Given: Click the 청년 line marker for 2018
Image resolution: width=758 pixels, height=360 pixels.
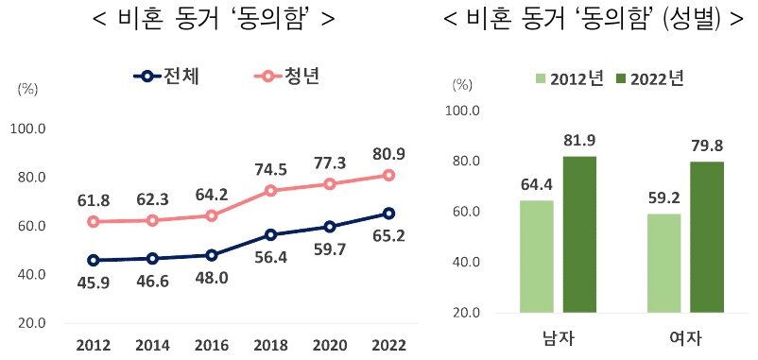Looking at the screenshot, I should (x=270, y=191).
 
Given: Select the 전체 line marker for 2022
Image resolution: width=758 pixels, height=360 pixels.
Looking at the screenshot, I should (x=389, y=214).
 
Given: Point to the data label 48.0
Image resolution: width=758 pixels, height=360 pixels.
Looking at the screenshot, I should (x=211, y=279).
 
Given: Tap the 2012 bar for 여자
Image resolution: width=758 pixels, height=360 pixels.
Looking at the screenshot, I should (x=664, y=263).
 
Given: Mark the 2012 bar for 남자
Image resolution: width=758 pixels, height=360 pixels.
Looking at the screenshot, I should (x=536, y=256).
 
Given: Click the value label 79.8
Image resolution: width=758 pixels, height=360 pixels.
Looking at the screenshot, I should (x=707, y=146).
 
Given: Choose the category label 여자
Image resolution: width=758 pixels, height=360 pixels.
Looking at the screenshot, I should (x=686, y=338).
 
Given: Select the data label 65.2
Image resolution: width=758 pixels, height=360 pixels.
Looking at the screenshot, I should (x=389, y=235).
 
